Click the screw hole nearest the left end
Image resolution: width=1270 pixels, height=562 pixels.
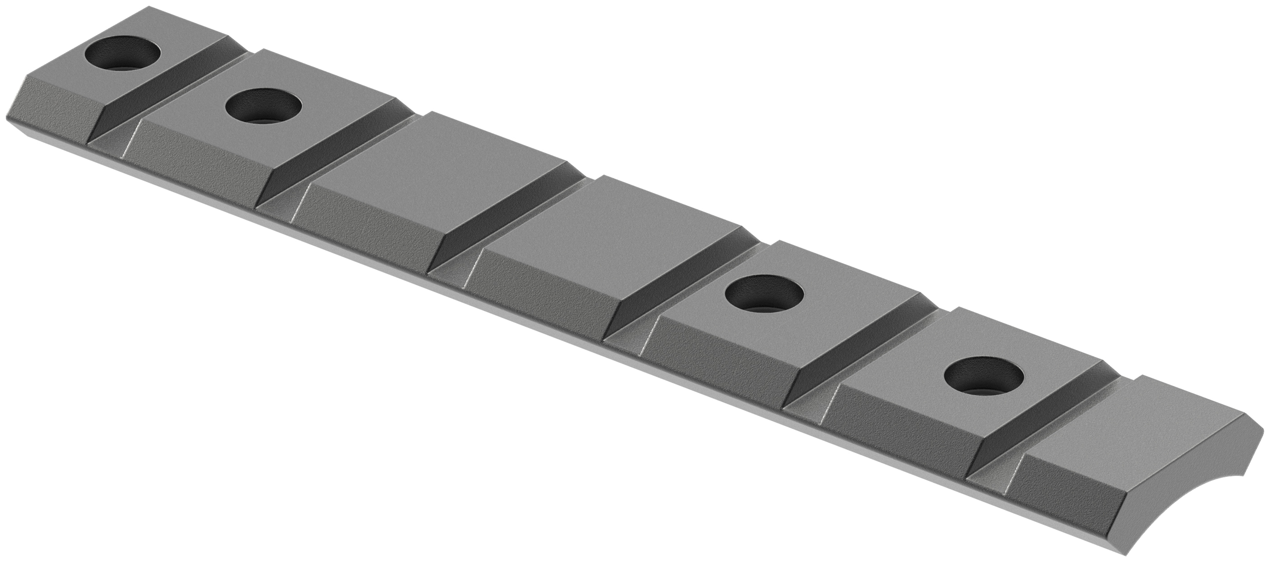(123, 54)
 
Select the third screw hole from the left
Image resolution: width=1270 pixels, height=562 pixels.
(764, 294)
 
